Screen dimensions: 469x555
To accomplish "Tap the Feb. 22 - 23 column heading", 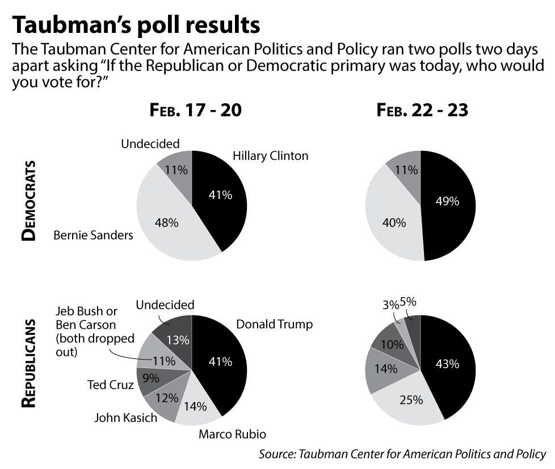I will (422, 110).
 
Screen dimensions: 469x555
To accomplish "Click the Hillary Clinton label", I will (271, 155).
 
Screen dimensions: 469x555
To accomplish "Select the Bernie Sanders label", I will (93, 234).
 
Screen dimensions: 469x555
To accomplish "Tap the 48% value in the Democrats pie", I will (166, 223).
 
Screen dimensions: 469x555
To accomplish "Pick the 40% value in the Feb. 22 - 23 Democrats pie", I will (394, 223).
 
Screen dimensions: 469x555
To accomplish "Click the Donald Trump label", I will (275, 324).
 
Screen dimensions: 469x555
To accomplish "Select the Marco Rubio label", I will (232, 435).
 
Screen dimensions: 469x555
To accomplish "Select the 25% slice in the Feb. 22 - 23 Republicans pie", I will (410, 400).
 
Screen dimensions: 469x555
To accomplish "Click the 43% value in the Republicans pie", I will (447, 364).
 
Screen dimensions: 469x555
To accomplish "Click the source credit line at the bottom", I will (402, 454).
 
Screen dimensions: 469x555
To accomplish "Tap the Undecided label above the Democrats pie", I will (150, 143).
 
